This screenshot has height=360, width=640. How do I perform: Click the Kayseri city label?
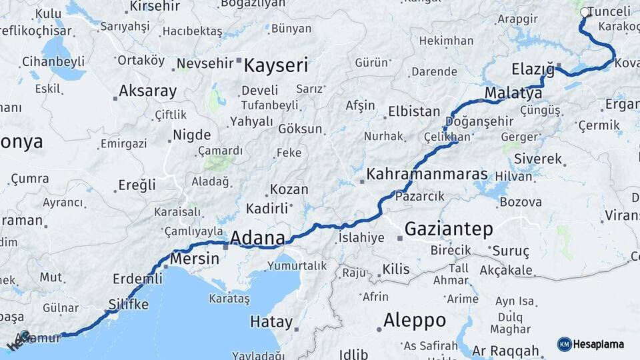pyautogui.click(x=276, y=65)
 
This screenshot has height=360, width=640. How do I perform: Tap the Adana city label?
pyautogui.click(x=257, y=238)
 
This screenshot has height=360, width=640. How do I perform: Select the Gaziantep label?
pyautogui.click(x=449, y=229)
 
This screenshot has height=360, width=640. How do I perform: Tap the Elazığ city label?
pyautogui.click(x=533, y=69)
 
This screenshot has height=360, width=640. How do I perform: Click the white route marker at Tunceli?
pyautogui.click(x=585, y=12)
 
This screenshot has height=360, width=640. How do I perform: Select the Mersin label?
pyautogui.click(x=195, y=259)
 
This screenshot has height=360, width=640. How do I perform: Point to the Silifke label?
pyautogui.click(x=128, y=305)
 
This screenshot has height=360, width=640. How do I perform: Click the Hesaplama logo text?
pyautogui.click(x=599, y=344)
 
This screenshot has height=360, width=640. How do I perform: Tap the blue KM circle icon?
pyautogui.click(x=565, y=344)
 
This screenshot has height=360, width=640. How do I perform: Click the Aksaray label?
pyautogui.click(x=148, y=91)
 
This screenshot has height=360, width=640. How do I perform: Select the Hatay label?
pyautogui.click(x=271, y=322)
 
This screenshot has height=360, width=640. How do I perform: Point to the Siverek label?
pyautogui.click(x=539, y=159)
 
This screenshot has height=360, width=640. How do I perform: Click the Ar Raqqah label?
pyautogui.click(x=505, y=351)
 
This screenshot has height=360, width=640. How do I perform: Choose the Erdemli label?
pyautogui.click(x=137, y=278)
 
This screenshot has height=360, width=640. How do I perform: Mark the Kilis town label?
pyautogui.click(x=396, y=269)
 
